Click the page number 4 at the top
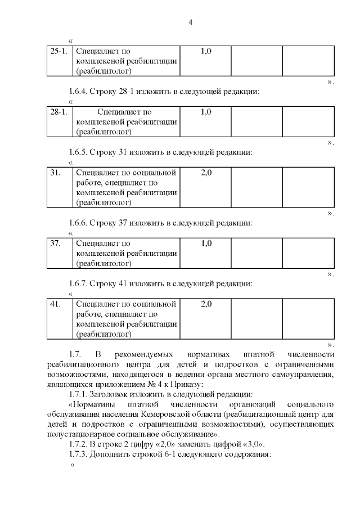190,22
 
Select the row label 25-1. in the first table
59,51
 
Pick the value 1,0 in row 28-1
206,112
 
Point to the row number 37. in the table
56,244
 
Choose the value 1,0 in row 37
206,244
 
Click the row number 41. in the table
56,304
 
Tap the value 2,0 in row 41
206,304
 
